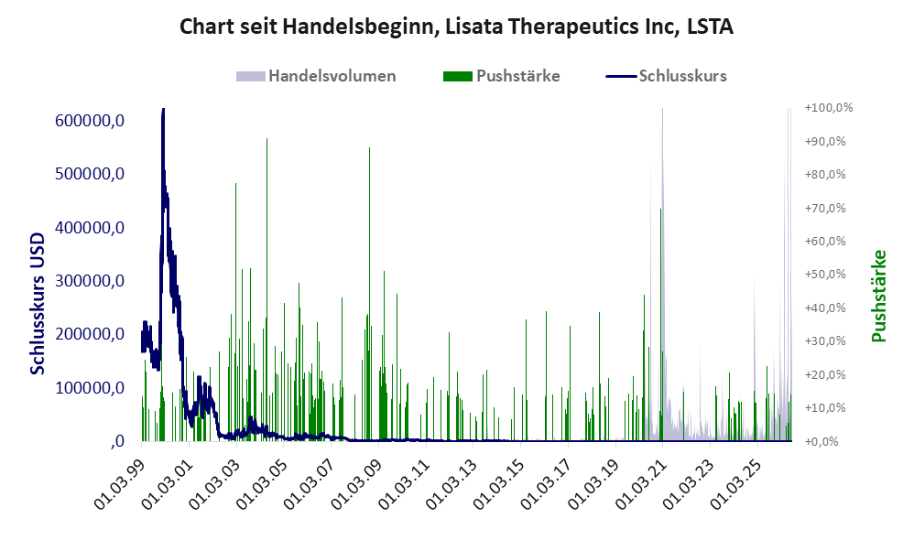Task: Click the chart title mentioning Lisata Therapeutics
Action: click(x=456, y=27)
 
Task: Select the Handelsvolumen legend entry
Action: click(x=316, y=76)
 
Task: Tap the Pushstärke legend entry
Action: click(x=501, y=76)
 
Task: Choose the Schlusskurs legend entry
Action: click(x=666, y=76)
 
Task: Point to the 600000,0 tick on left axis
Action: click(x=90, y=121)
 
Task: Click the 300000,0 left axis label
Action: click(x=90, y=281)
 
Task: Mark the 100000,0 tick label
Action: click(x=90, y=387)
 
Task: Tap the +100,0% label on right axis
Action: click(x=828, y=108)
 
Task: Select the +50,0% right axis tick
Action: click(x=825, y=275)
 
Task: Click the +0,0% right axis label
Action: click(x=822, y=441)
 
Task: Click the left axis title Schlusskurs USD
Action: click(x=38, y=304)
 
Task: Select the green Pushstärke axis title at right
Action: click(x=878, y=296)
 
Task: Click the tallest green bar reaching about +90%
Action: click(x=267, y=289)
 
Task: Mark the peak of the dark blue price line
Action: click(x=163, y=109)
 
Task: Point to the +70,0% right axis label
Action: click(x=825, y=208)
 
